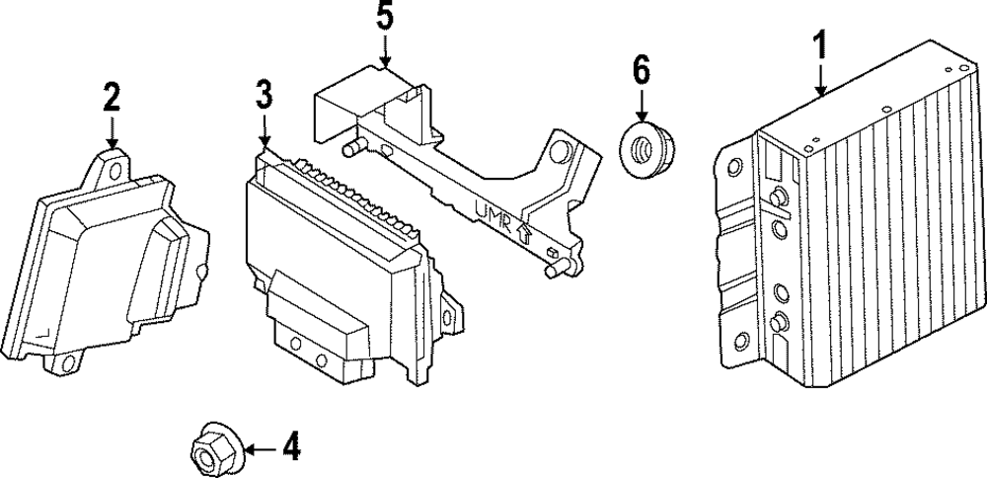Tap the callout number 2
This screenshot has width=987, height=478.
(112, 97)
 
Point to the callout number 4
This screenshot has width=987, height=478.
(289, 449)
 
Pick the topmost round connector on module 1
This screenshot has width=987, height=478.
(778, 194)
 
